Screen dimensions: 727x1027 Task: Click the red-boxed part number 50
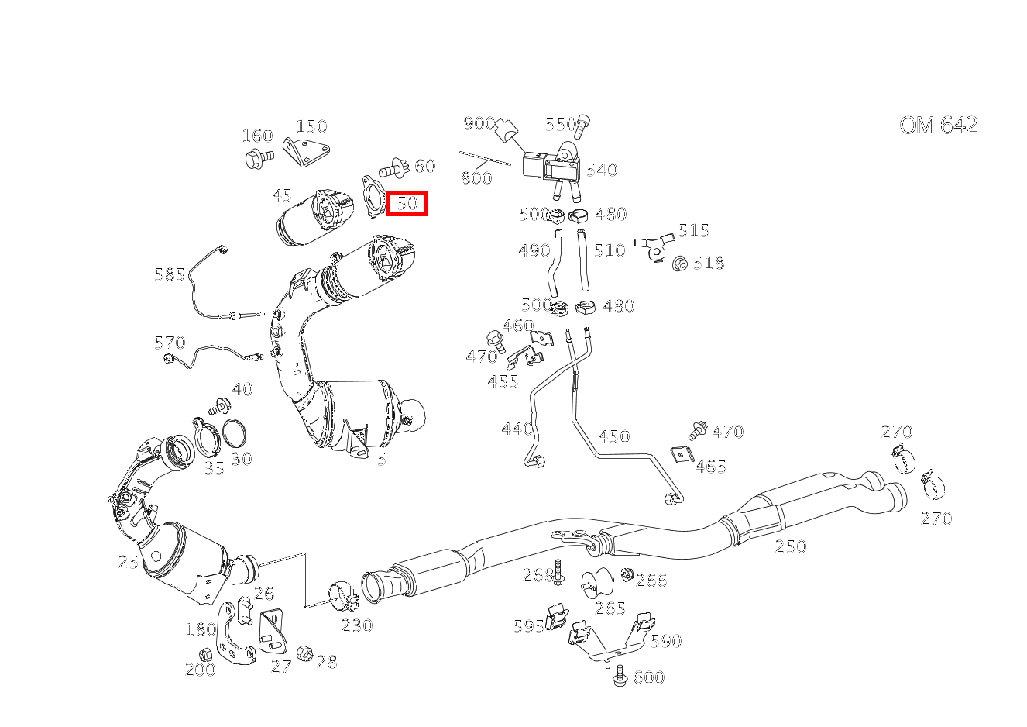pos(407,204)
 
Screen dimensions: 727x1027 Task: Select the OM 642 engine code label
pos(938,126)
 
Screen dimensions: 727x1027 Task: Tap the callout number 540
pos(601,170)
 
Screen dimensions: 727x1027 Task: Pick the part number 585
pos(170,274)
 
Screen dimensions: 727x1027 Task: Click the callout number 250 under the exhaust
pos(791,546)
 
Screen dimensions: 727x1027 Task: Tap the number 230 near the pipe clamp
pos(357,625)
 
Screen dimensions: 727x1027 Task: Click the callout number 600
pos(648,677)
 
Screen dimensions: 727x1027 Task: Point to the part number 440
pos(517,429)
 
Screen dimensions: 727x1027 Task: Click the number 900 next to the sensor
pos(479,124)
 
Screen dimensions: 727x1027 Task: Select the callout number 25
pos(129,561)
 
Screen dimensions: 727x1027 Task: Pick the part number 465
pos(710,467)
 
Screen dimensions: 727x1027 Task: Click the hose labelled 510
pos(582,260)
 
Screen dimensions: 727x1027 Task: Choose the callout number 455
pos(503,381)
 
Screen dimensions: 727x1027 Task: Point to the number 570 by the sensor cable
pos(170,343)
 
